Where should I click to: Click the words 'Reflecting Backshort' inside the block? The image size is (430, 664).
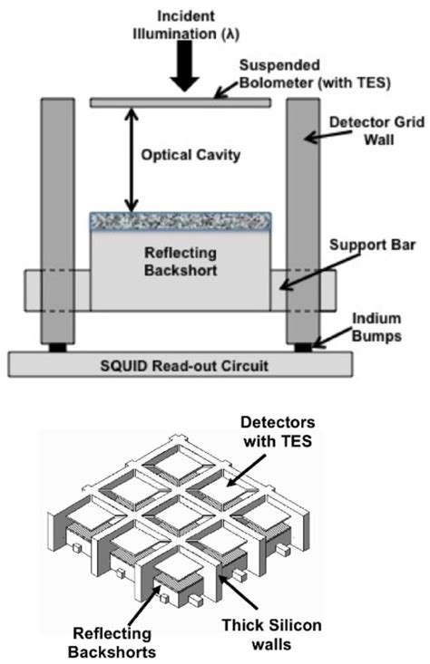coord(179,259)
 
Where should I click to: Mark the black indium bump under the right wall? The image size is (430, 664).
coord(302,348)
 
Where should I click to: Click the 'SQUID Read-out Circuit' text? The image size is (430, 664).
coord(179,365)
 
